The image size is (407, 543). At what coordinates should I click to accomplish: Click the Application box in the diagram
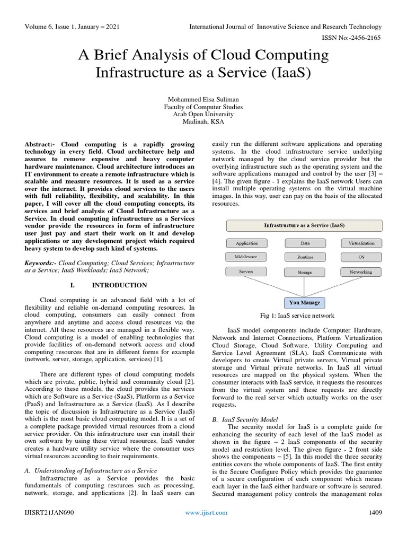click(x=247, y=243)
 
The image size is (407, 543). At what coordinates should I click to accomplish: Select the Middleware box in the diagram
click(x=247, y=257)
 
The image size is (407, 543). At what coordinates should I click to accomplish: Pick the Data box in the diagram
click(x=305, y=243)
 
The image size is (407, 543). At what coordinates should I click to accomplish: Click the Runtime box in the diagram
click(x=305, y=257)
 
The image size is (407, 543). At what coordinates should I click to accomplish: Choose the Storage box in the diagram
click(x=305, y=272)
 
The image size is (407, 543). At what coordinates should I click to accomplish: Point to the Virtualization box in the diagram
click(x=361, y=243)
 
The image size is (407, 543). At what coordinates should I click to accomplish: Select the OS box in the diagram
click(x=361, y=257)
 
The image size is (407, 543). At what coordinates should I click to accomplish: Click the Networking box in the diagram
click(x=361, y=272)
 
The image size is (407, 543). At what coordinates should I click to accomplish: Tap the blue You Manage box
click(x=304, y=303)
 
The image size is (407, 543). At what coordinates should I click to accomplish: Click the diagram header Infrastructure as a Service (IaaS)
click(x=304, y=225)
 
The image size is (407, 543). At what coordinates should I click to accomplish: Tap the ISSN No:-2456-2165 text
click(x=351, y=38)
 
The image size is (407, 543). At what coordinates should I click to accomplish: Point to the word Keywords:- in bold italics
click(x=41, y=262)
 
